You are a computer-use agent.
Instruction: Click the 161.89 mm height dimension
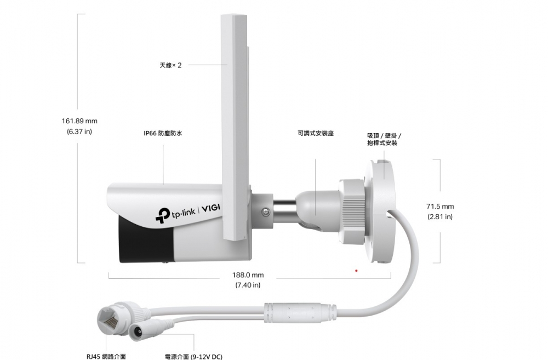[x=79, y=121]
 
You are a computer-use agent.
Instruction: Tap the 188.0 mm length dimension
[x=248, y=275]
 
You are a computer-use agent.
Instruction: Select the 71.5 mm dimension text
[x=440, y=207]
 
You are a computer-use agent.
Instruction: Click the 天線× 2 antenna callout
[x=170, y=65]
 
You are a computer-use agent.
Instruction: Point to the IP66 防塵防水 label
[x=163, y=133]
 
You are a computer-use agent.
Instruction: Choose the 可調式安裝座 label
[x=316, y=133]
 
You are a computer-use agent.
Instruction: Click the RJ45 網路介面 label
[x=106, y=357]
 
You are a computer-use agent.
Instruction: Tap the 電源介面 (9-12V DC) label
[x=193, y=357]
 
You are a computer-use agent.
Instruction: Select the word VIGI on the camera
[x=211, y=208]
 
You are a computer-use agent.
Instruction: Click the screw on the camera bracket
[x=266, y=212]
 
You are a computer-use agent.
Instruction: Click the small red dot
[x=356, y=271]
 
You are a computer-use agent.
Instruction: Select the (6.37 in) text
[x=79, y=132]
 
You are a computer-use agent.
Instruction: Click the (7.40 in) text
[x=248, y=285]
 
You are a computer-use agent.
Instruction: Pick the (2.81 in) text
[x=440, y=216]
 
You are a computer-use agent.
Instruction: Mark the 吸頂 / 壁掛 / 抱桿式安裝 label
[x=384, y=139]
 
